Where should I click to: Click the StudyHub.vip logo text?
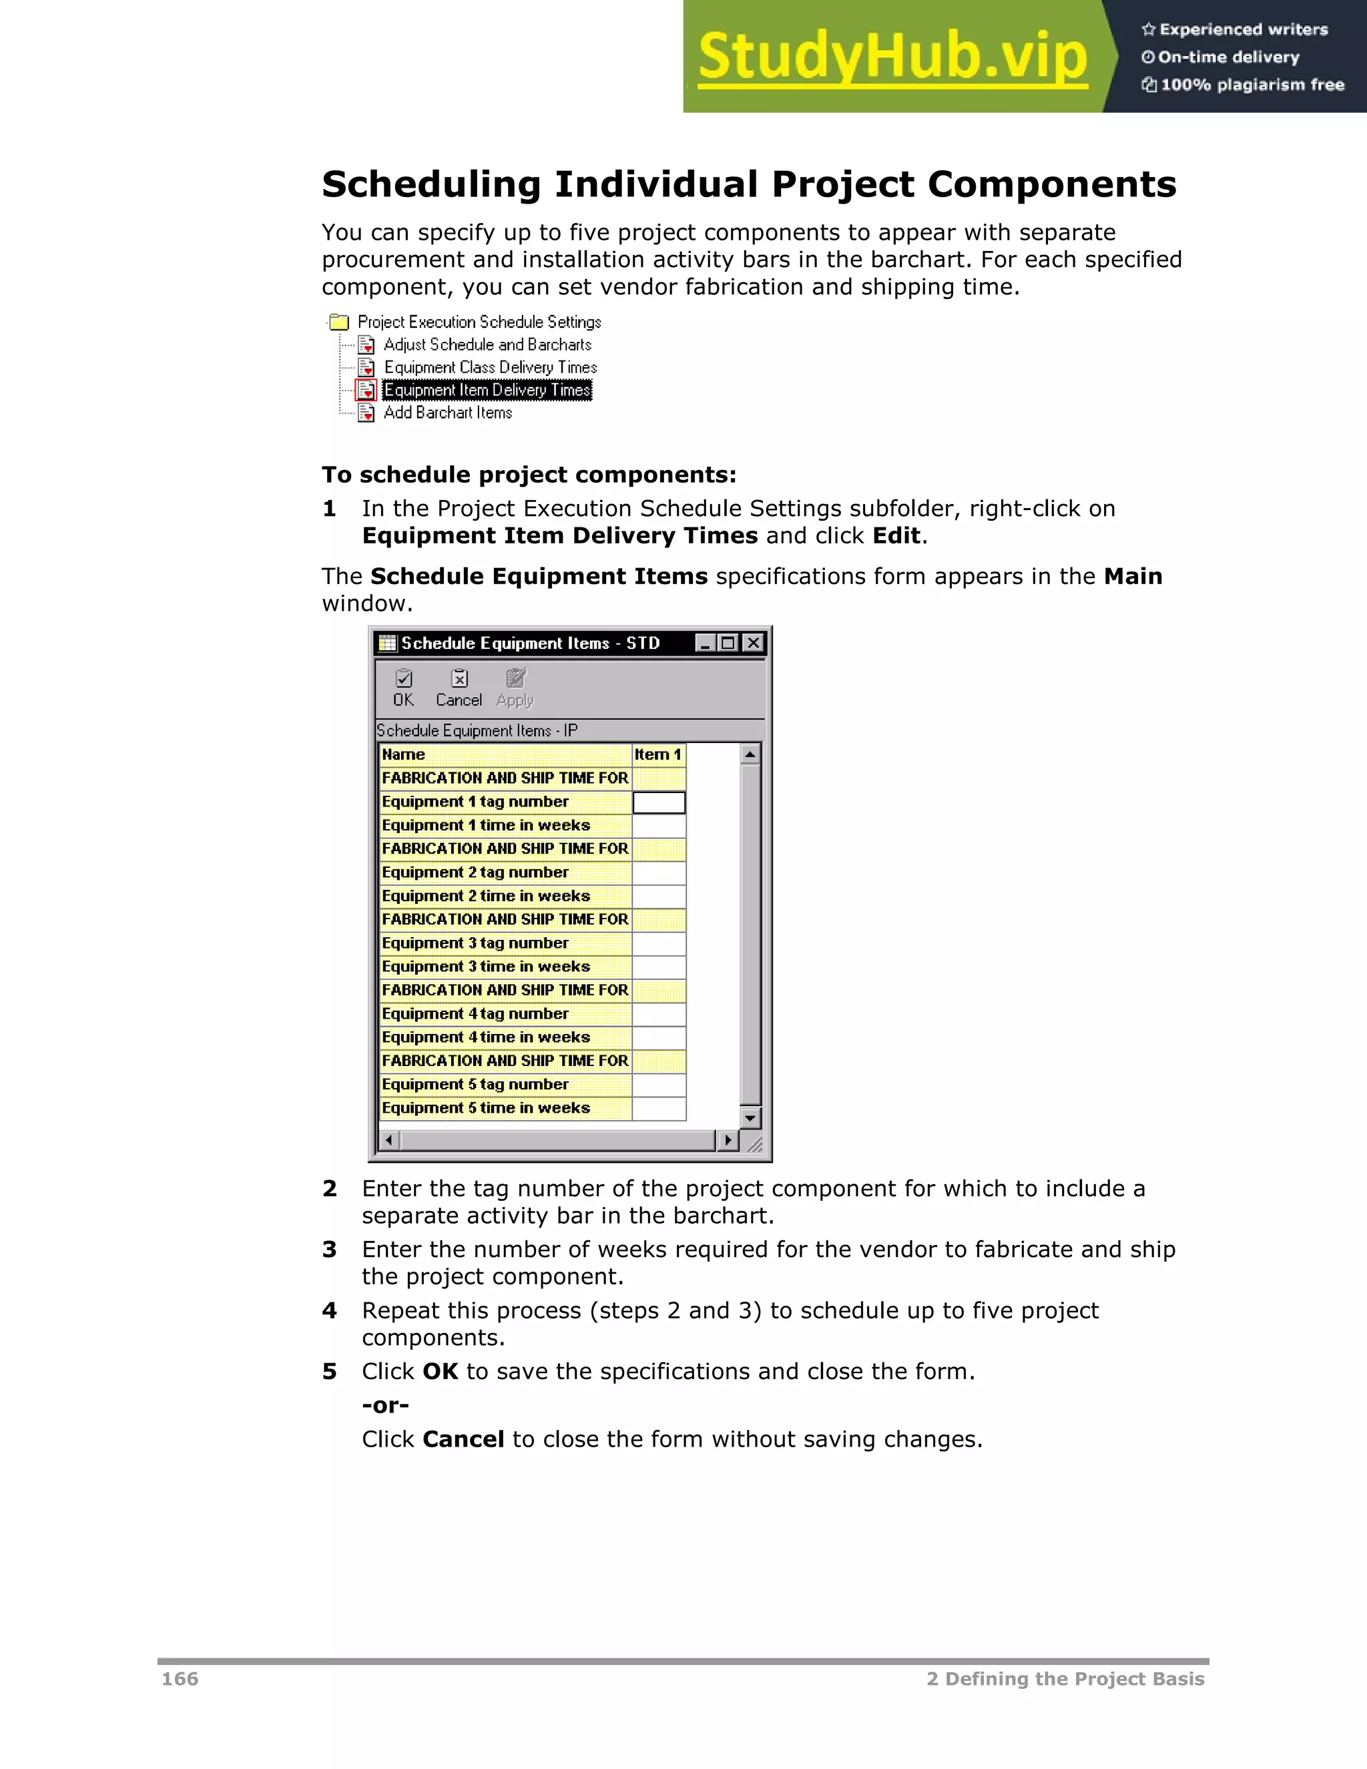coord(892,57)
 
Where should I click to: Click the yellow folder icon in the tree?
coord(339,322)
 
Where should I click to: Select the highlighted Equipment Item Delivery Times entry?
coord(487,391)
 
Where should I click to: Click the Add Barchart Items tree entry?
coord(447,413)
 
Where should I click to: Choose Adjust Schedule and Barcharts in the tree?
coord(487,345)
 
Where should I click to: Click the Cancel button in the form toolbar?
coord(459,688)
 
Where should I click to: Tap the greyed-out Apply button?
coord(515,688)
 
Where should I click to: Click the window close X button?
coord(753,643)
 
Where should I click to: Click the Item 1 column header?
coord(657,755)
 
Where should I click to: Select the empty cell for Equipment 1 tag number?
coord(658,802)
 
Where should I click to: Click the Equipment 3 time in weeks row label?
coord(486,967)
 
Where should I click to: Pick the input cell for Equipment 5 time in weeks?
coord(658,1109)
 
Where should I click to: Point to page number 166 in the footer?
coord(180,1679)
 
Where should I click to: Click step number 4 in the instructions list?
coord(329,1310)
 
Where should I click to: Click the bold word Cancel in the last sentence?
coord(463,1439)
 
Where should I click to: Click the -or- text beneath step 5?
coord(386,1405)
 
